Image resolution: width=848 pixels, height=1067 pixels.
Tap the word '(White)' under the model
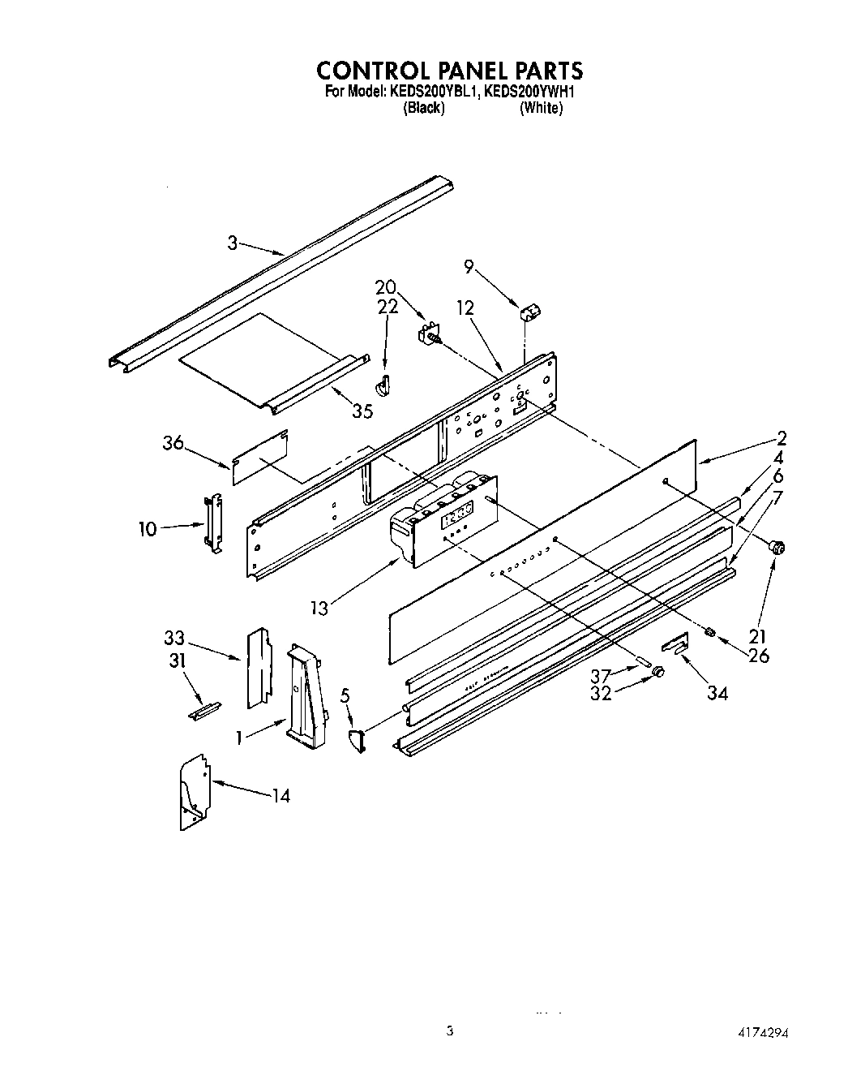(540, 108)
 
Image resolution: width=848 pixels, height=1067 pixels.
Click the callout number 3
(232, 243)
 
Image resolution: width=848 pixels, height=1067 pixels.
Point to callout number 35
(362, 411)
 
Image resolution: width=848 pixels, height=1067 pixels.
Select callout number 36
(173, 443)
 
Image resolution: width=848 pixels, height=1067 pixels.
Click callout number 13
(320, 607)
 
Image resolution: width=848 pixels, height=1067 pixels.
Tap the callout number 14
(280, 795)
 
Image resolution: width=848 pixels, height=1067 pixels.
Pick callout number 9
(469, 265)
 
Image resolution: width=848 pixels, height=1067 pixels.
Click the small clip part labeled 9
(530, 311)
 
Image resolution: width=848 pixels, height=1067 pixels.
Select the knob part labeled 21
(778, 549)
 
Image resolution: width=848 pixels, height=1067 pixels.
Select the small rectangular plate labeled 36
(260, 458)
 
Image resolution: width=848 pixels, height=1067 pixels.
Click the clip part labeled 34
(675, 644)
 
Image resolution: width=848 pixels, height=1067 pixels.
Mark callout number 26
(759, 655)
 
